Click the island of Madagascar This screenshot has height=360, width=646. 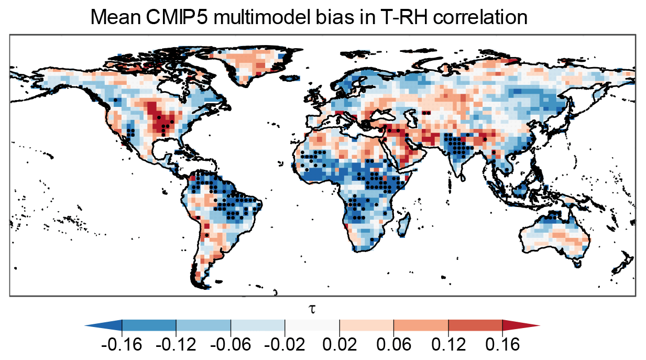click(x=403, y=224)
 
